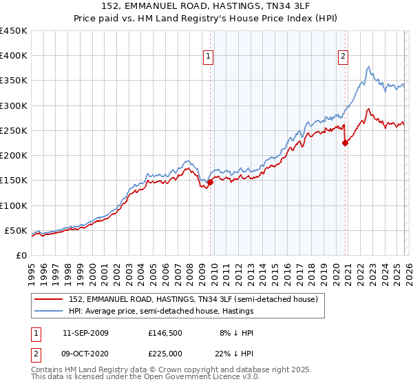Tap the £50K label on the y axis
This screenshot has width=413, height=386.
point(16,230)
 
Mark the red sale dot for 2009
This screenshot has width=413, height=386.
point(210,182)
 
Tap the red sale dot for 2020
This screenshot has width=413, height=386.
point(345,143)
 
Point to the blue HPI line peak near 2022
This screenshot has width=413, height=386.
point(369,67)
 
